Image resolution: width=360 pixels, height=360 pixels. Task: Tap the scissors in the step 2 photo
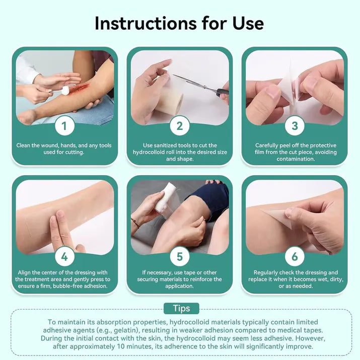201,85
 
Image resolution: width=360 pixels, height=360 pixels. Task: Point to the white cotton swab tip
65,90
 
